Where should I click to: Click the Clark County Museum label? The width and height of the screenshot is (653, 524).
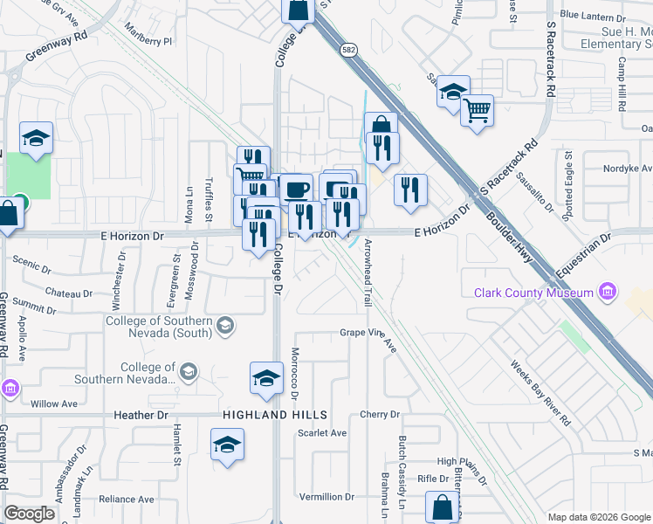(533, 293)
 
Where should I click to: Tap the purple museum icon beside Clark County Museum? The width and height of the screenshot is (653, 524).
(608, 293)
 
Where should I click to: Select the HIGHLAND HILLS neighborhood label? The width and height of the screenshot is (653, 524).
(263, 415)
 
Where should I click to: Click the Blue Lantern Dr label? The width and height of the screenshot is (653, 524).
(594, 14)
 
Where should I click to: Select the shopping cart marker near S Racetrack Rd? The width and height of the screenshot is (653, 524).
(477, 111)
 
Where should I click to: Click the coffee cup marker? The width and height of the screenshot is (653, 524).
(297, 189)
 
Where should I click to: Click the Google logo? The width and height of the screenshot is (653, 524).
(29, 514)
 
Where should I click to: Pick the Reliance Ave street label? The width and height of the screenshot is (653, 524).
(127, 499)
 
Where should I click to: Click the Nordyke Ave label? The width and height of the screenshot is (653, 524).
(628, 169)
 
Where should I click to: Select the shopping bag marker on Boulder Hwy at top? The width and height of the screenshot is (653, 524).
(297, 10)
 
